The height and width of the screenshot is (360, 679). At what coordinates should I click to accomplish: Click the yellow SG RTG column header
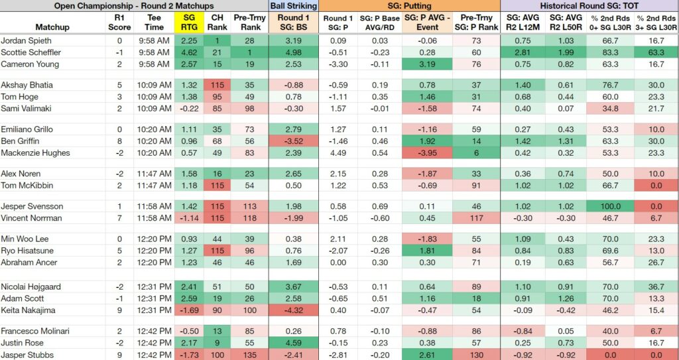click(188, 23)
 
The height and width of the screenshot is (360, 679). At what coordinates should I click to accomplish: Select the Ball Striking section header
click(294, 5)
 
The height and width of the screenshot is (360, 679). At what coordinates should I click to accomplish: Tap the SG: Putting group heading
click(409, 5)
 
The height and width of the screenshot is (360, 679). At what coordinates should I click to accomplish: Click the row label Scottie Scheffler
click(31, 52)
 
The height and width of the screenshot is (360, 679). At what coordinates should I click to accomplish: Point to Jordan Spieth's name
click(26, 40)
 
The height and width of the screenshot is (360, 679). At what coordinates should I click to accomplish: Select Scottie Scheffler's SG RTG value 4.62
click(188, 52)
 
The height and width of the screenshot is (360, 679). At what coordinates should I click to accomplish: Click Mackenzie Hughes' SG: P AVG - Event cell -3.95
click(427, 153)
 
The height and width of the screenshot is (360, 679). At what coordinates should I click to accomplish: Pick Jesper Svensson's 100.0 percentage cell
click(610, 206)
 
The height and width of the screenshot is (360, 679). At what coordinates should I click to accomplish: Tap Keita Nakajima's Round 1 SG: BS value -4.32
click(294, 310)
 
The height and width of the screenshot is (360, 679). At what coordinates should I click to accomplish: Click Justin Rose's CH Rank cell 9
click(216, 343)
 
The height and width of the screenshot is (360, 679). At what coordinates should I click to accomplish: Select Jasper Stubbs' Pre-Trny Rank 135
click(249, 355)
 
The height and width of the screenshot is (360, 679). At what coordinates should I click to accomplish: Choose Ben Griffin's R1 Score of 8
click(119, 141)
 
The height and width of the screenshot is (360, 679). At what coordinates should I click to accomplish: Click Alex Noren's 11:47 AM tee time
click(154, 174)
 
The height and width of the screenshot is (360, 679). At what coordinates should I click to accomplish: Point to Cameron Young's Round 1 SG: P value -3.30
click(338, 64)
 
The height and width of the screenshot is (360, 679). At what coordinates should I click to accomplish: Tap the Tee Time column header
click(154, 23)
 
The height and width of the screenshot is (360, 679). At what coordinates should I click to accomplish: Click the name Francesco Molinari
click(33, 331)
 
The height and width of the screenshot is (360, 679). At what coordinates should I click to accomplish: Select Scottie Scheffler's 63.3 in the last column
click(656, 52)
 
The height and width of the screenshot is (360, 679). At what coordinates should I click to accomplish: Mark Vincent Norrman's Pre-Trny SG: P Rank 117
click(476, 218)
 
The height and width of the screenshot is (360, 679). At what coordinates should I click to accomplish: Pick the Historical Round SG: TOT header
click(589, 5)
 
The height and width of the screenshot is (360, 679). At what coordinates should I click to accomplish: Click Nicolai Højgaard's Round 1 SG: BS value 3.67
click(294, 287)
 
